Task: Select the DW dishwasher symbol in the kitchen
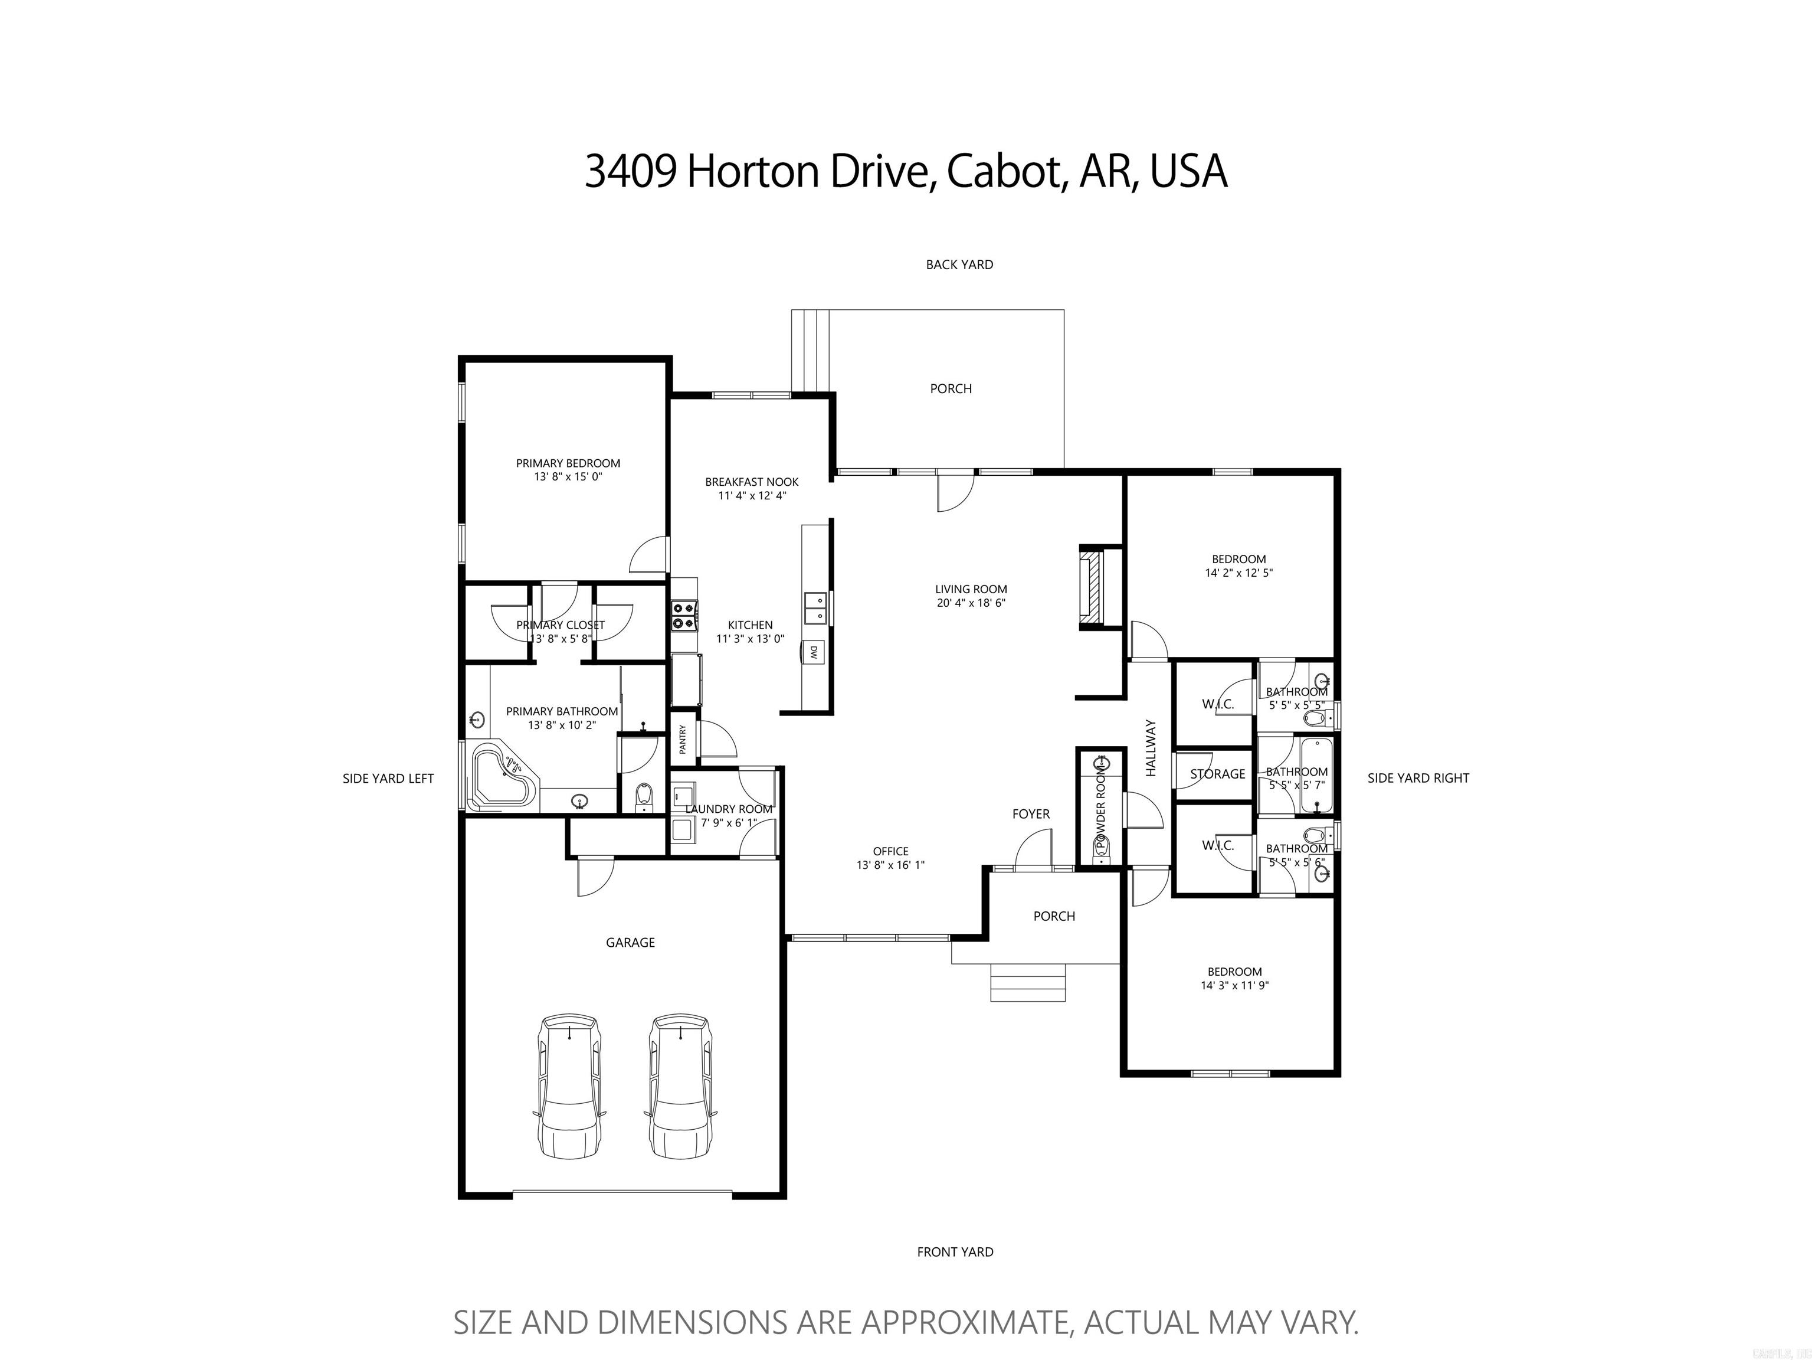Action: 814,652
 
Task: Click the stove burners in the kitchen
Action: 684,615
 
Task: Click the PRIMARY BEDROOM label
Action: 568,463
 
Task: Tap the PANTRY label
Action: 682,740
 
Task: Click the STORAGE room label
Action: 1217,773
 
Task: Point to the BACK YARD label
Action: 959,264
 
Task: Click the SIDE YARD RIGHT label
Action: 1418,779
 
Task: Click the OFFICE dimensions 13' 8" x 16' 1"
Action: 890,865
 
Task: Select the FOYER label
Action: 1031,813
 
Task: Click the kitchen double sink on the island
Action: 816,609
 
